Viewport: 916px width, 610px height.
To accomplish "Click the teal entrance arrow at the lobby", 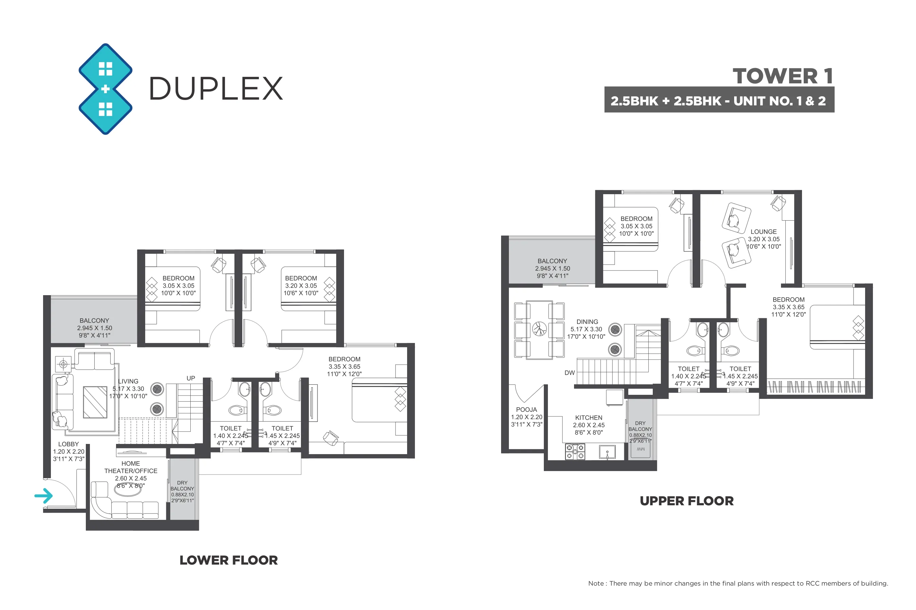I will tap(44, 495).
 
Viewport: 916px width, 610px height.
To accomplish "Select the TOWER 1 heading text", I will tap(783, 76).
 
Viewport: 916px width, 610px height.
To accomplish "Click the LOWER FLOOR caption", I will tap(229, 560).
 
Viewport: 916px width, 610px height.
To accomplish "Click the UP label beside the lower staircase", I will tap(191, 378).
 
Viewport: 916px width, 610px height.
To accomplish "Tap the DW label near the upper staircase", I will tap(569, 373).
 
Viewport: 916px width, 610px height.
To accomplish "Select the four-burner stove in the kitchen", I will tap(575, 452).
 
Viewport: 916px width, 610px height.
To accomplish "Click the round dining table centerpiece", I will tap(539, 329).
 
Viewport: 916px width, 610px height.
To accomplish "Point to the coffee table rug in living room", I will tap(95, 402).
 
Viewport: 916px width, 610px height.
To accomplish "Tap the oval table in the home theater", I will tap(129, 489).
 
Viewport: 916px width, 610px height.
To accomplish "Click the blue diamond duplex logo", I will tap(105, 89).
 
